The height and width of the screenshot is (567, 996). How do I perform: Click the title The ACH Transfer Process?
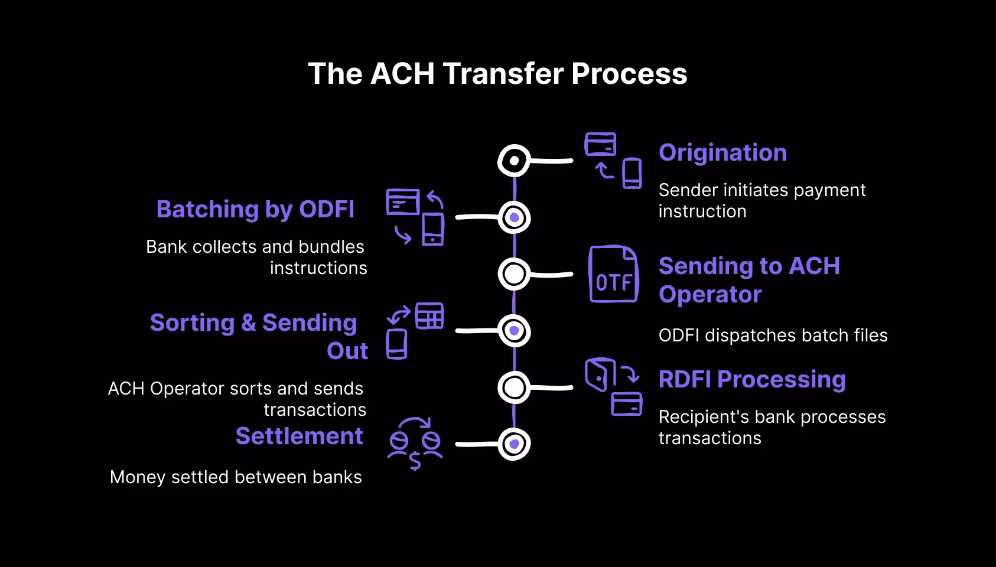tap(497, 74)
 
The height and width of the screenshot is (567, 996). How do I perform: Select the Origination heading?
tap(722, 152)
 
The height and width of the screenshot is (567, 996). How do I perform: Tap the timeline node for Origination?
tap(514, 161)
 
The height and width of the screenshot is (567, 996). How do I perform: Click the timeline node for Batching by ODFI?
tap(514, 217)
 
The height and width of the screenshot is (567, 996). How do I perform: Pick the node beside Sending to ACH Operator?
tap(514, 274)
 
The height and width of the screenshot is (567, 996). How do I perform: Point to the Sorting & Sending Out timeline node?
tap(514, 331)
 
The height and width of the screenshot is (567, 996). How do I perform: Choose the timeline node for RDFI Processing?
tap(514, 387)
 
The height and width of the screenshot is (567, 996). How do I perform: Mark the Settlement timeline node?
tap(514, 444)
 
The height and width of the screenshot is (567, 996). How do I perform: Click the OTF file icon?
tap(614, 275)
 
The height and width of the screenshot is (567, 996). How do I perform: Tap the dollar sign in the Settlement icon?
tap(415, 461)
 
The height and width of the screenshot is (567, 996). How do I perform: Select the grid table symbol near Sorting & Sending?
tap(429, 316)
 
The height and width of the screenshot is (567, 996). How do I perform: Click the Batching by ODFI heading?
tap(255, 209)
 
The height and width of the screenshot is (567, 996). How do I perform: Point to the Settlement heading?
tap(299, 436)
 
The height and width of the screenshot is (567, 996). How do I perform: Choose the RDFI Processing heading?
tap(752, 379)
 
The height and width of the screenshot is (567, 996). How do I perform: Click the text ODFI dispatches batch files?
tap(773, 335)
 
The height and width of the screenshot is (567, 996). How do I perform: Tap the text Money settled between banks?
tap(236, 477)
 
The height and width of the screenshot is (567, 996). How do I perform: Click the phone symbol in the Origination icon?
tap(632, 173)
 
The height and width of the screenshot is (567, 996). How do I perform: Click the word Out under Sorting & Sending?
tap(347, 351)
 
